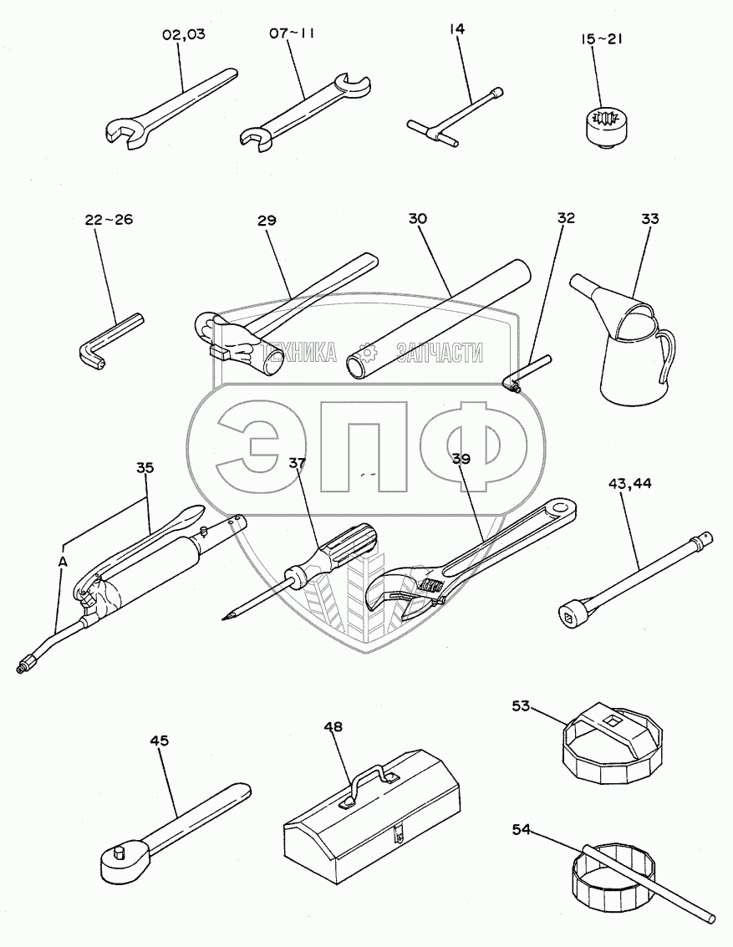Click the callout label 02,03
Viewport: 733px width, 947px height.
(184, 33)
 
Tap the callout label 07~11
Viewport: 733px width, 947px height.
(292, 33)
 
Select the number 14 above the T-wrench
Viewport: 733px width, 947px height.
(456, 28)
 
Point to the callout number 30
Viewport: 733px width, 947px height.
(417, 218)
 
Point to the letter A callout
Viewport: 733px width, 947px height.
(62, 562)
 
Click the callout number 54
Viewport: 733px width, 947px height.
(521, 830)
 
